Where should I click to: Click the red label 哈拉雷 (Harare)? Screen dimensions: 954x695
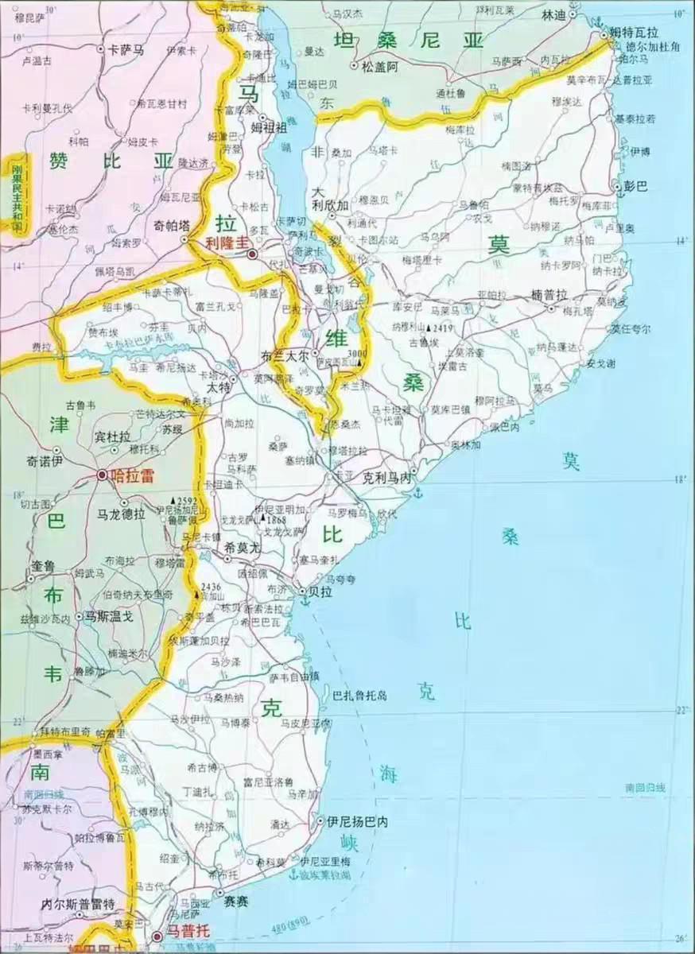click(x=132, y=475)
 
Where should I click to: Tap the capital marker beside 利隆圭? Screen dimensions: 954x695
click(x=252, y=254)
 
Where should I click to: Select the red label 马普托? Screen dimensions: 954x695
click(x=183, y=937)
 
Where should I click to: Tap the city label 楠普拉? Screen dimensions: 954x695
click(x=549, y=294)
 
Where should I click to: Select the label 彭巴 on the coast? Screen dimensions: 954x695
click(x=636, y=187)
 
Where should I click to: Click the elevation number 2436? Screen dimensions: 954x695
click(x=211, y=587)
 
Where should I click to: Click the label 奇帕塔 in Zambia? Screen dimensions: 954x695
click(x=172, y=225)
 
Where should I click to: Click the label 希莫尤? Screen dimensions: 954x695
click(x=243, y=547)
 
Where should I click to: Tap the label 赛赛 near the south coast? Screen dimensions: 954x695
click(x=237, y=902)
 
